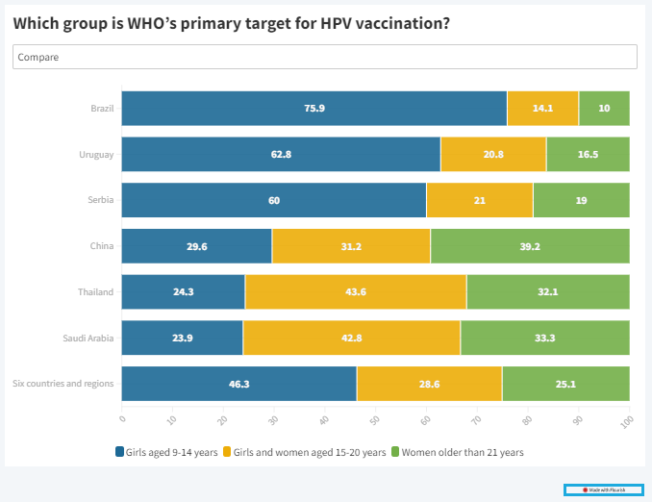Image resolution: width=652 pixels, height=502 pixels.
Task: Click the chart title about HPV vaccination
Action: pos(232,22)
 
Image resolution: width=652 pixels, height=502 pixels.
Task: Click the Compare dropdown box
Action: pos(325,57)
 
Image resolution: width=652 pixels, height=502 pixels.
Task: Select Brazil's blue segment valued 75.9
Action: pos(314,108)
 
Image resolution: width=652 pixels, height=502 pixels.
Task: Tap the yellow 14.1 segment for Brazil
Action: pos(542,108)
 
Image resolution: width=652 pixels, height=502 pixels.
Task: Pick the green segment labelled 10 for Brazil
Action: pos(604,108)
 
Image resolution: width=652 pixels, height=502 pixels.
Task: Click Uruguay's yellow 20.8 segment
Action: pos(493,154)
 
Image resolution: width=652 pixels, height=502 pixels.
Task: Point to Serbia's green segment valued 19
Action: pos(581,200)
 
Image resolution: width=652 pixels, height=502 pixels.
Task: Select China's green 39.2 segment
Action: pos(530,246)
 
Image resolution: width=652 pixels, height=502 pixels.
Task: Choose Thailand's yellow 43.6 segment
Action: pos(356,291)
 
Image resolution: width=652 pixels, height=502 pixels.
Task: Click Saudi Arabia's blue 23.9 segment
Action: pos(183,338)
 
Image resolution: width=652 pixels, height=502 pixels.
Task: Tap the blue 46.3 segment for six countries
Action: pos(239,383)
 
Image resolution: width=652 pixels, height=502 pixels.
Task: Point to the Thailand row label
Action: pos(96,291)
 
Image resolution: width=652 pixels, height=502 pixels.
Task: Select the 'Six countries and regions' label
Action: pos(63,383)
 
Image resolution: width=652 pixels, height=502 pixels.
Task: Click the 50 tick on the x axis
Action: pos(375,420)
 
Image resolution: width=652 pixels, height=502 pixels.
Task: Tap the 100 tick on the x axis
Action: pos(627,421)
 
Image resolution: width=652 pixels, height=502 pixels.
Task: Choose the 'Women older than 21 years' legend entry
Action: pos(462,452)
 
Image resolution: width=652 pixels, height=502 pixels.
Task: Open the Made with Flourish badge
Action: pos(604,489)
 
